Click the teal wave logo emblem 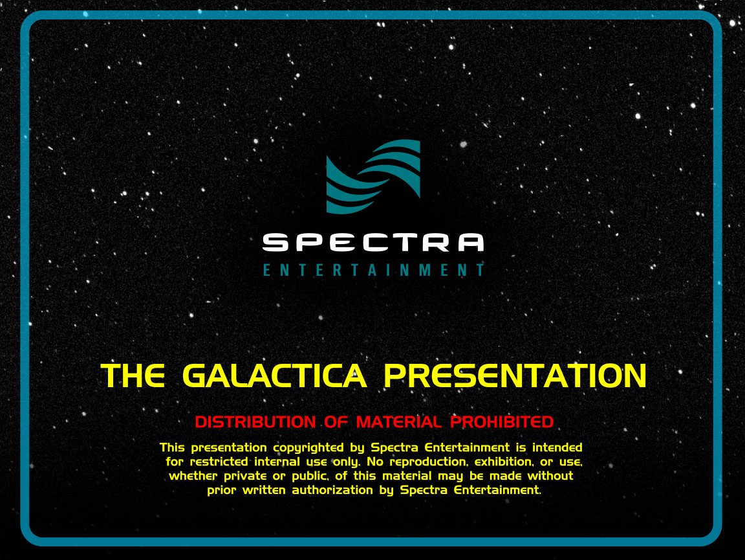tap(373, 177)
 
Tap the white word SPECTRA tap(373, 242)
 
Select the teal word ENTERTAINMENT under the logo tap(374, 270)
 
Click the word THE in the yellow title tap(133, 376)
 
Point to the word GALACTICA tap(275, 376)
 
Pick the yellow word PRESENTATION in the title tap(515, 376)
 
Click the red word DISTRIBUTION tap(255, 421)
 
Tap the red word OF tap(336, 421)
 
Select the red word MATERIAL tap(398, 421)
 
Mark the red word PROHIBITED tap(502, 421)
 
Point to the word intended tap(557, 447)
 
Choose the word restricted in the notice tap(219, 462)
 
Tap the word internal tap(277, 462)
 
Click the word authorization tap(332, 490)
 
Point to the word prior tap(221, 491)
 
